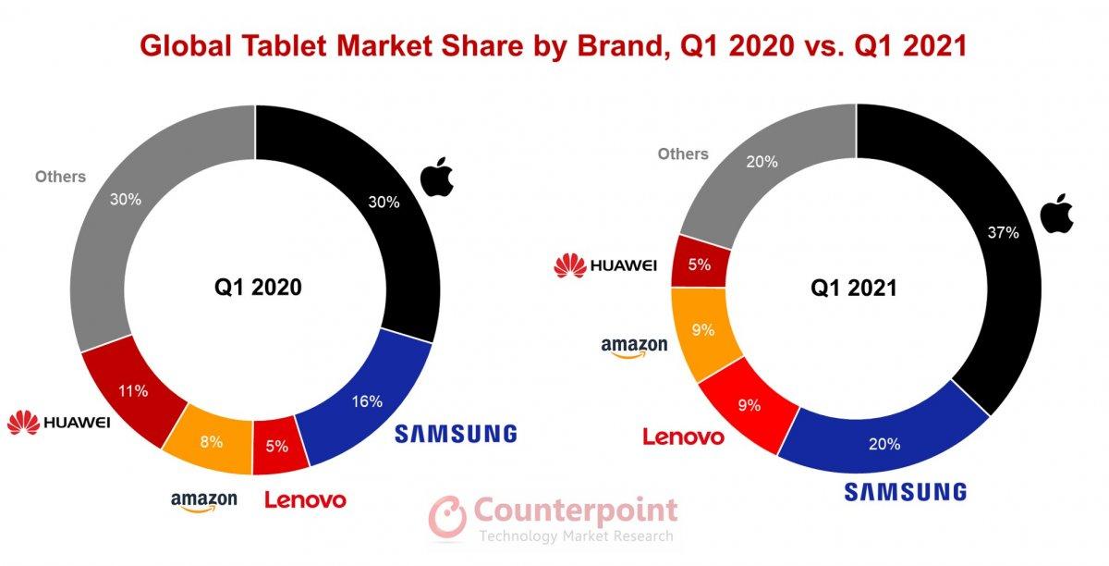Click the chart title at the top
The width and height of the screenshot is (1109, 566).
point(554,44)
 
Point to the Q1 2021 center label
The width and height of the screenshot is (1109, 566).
point(855,288)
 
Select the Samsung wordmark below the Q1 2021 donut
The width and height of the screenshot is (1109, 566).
point(906,491)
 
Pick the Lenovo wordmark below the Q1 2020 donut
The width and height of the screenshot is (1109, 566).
point(305,500)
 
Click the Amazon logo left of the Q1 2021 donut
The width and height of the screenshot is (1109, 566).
point(634,349)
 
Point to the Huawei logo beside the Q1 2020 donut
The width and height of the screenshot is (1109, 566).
point(59,424)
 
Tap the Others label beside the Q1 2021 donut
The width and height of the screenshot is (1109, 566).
point(683,154)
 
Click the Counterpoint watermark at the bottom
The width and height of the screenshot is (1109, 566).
point(554,519)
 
